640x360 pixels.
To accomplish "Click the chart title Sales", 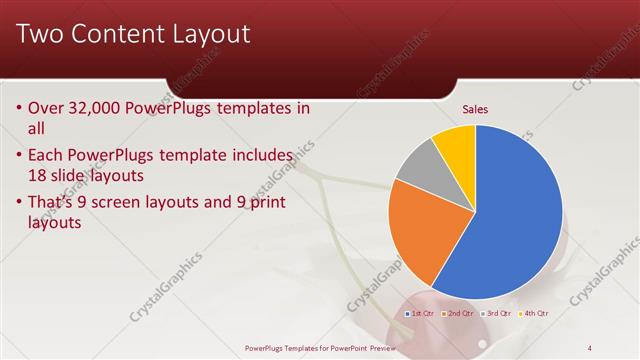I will pyautogui.click(x=475, y=109).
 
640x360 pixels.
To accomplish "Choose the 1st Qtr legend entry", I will pyautogui.click(x=420, y=313).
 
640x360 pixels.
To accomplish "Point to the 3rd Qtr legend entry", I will pyautogui.click(x=498, y=313).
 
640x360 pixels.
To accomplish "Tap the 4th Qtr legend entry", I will pyautogui.click(x=536, y=313).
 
